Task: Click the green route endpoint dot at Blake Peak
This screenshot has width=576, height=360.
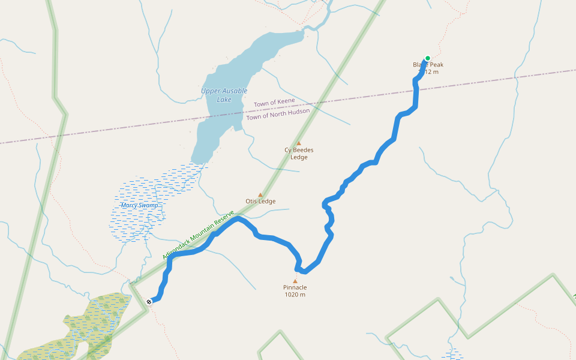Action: click(427, 58)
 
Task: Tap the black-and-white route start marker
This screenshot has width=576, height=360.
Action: click(149, 301)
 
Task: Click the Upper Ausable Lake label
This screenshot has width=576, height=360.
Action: click(224, 95)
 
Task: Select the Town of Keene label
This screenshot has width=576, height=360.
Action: click(274, 103)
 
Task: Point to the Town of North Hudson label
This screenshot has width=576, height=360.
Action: click(278, 113)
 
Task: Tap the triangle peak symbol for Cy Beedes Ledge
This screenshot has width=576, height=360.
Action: click(298, 143)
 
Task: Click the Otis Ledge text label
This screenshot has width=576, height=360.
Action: click(260, 202)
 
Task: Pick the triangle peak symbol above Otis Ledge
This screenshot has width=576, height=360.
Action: click(260, 194)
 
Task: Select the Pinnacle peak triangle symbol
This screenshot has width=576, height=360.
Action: click(295, 281)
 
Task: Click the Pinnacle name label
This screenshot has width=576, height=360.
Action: click(295, 287)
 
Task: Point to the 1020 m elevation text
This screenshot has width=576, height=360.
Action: click(295, 295)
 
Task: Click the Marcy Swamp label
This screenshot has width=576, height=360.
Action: click(140, 205)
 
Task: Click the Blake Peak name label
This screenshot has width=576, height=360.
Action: click(428, 65)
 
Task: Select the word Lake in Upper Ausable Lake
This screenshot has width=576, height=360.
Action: click(224, 100)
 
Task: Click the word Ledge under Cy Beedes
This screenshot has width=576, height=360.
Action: click(299, 157)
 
